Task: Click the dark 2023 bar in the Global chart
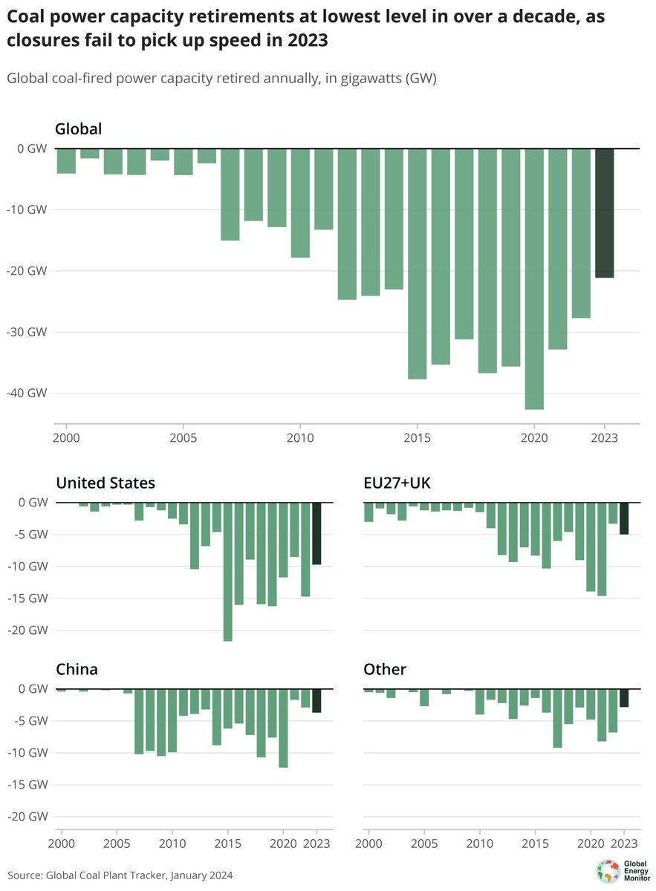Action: click(x=605, y=213)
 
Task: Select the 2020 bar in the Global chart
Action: click(x=534, y=278)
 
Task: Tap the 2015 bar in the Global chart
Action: click(x=418, y=264)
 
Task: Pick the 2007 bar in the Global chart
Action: click(x=230, y=195)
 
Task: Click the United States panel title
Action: click(x=105, y=483)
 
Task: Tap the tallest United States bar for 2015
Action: click(x=227, y=571)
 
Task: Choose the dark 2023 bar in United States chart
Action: click(x=316, y=533)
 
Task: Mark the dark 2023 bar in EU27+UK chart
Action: click(x=624, y=518)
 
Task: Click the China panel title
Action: click(x=77, y=669)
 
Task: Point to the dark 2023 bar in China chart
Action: click(x=316, y=700)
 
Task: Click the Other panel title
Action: click(x=385, y=669)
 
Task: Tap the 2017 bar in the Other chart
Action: click(x=557, y=718)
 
